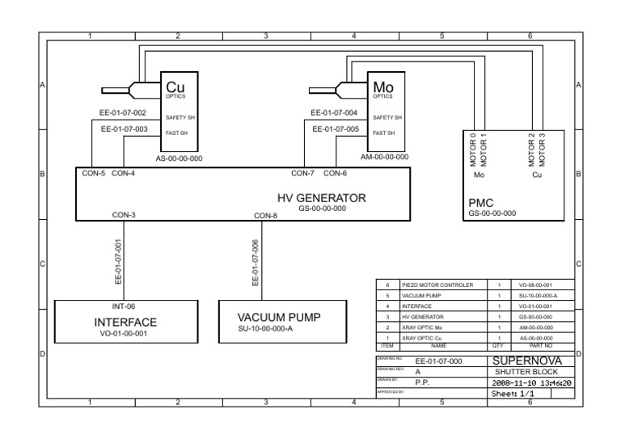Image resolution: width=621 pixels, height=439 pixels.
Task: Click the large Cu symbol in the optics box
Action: coord(175,86)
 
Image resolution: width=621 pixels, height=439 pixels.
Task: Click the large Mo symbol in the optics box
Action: coord(382,86)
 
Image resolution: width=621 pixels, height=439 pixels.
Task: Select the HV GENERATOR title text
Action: coord(322,197)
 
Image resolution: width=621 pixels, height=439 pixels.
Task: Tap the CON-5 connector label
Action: coord(93,172)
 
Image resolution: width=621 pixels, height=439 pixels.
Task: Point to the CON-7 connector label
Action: coord(303,172)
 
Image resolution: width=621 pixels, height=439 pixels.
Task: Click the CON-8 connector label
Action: coord(265,216)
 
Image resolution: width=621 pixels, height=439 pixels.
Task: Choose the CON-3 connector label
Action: coord(124,215)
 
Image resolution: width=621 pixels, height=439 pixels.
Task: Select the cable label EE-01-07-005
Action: coord(336,129)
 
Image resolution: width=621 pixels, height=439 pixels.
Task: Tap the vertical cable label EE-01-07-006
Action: coord(256,263)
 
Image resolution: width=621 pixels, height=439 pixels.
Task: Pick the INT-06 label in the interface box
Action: coord(124,307)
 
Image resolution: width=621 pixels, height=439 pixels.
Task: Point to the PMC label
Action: coord(482,203)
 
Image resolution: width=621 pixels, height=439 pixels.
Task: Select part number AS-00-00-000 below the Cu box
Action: coord(179,158)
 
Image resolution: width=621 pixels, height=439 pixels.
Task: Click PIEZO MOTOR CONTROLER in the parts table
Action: coord(441,285)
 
